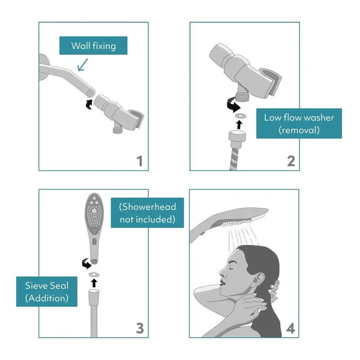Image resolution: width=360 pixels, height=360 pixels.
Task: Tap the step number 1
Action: tap(139, 161)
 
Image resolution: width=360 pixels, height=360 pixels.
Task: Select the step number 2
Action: tap(290, 161)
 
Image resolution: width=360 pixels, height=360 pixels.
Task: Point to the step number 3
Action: tap(139, 328)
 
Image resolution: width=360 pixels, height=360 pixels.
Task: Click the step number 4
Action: tap(290, 328)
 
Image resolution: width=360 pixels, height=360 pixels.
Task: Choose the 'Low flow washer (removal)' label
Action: tap(298, 123)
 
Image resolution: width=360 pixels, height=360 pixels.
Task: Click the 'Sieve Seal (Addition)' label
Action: tap(47, 291)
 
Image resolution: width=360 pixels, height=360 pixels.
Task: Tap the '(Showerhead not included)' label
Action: tap(147, 213)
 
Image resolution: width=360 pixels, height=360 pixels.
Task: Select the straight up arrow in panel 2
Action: tap(239, 124)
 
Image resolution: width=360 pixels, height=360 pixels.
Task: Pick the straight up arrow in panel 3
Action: tap(94, 283)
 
